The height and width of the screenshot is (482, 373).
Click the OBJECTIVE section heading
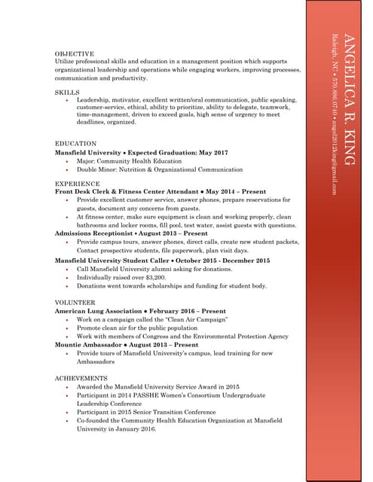click(x=75, y=54)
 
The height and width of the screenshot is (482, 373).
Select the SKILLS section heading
click(x=68, y=92)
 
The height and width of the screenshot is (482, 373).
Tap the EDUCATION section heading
click(x=76, y=143)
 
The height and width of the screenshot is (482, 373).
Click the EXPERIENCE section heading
click(x=78, y=183)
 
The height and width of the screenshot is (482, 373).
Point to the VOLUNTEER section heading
click(x=75, y=301)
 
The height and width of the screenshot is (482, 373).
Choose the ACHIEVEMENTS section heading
click(x=81, y=377)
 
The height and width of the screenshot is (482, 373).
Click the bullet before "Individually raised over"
click(x=68, y=277)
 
